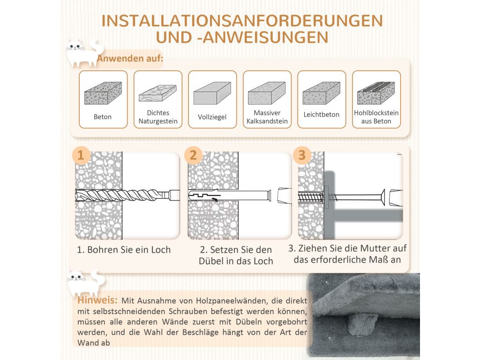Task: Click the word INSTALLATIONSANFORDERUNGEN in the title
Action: (242, 21)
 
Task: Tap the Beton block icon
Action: (103, 93)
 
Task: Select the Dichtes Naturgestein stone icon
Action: (157, 93)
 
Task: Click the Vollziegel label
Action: (212, 117)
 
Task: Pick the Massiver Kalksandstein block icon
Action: (267, 93)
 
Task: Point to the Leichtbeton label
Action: (322, 114)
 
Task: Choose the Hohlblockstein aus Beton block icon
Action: (376, 93)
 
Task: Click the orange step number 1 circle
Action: (81, 155)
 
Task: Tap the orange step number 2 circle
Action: (193, 155)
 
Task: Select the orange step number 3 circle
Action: (302, 155)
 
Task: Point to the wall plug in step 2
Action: (230, 195)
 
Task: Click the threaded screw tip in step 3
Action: (310, 197)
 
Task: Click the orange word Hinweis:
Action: (97, 300)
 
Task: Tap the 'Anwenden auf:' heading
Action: (130, 58)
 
